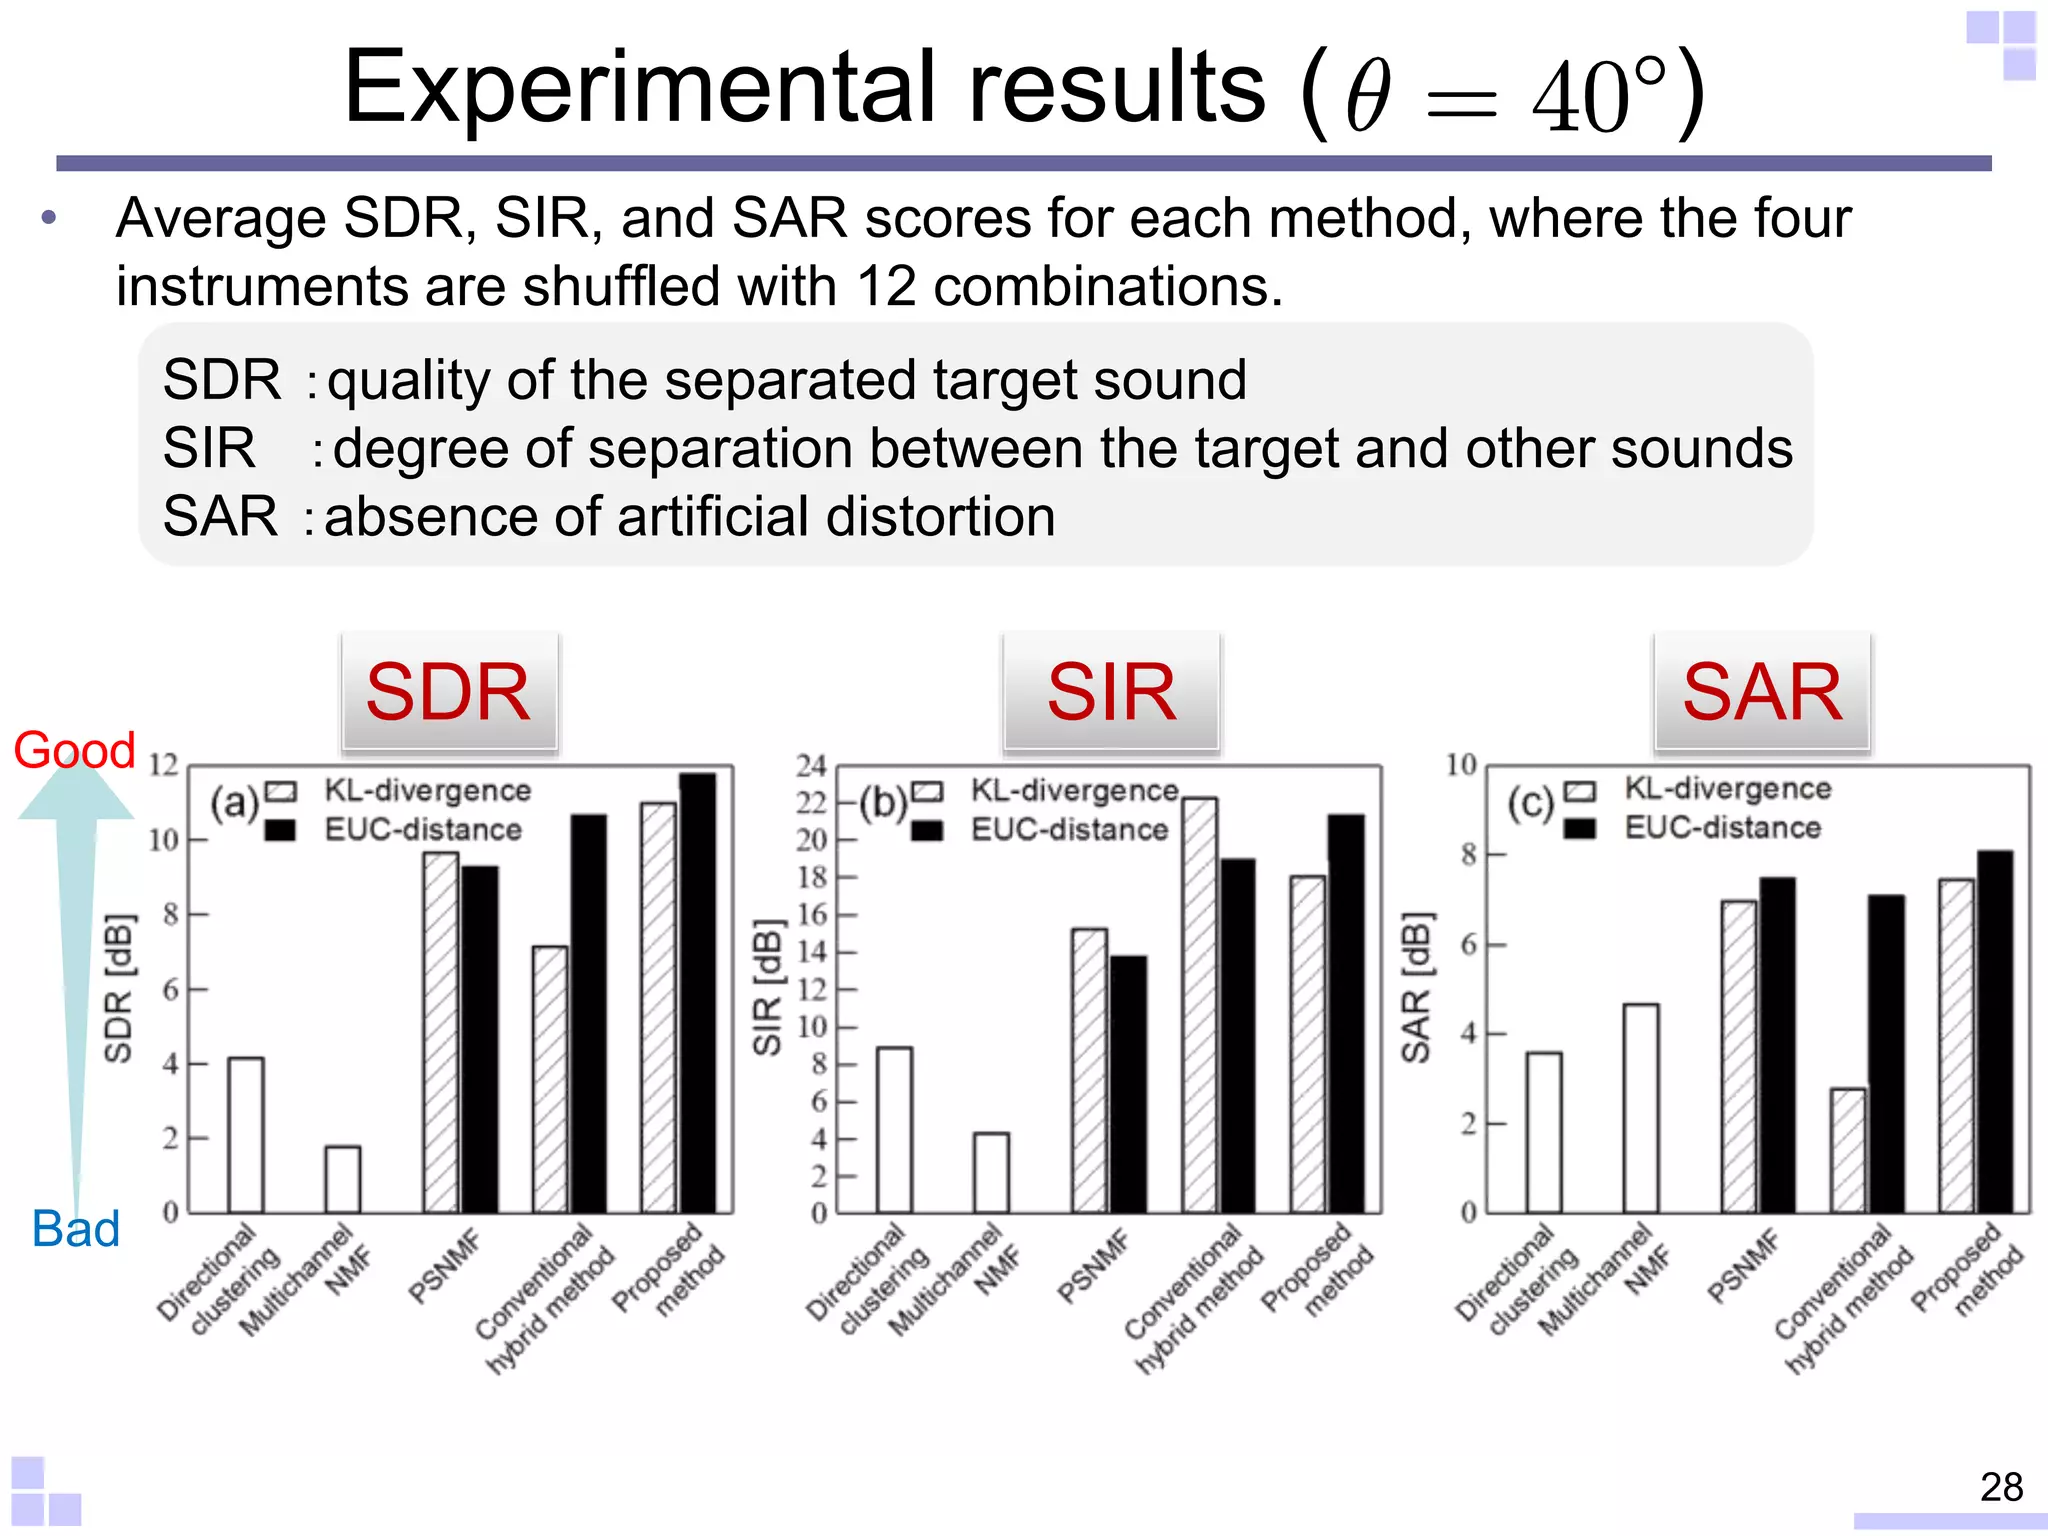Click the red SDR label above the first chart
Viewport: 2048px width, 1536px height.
coord(448,692)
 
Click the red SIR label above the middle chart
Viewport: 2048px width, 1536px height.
coord(1111,692)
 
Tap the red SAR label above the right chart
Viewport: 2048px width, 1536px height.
coord(1762,692)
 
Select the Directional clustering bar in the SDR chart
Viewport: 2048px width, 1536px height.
coord(246,1135)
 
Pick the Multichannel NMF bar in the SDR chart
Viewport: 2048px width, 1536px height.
coord(343,1180)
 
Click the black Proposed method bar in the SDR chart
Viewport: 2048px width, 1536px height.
coord(698,992)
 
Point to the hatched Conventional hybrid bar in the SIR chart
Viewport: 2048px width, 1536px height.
coord(1200,1005)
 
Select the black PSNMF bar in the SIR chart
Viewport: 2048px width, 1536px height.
coord(1128,1084)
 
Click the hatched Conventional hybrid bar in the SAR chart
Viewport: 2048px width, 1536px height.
coord(1848,1150)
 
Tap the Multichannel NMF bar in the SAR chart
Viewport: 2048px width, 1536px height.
coord(1641,1108)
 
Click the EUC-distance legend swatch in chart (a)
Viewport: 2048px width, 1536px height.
coord(280,830)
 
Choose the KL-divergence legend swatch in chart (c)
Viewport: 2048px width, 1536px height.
coord(1580,791)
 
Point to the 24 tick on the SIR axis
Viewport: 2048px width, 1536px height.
coord(811,766)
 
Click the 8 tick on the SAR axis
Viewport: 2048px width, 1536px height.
coord(1468,855)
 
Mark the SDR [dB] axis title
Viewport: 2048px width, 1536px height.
coord(118,988)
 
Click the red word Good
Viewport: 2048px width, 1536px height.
coord(75,750)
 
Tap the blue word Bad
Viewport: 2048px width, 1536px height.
coord(76,1229)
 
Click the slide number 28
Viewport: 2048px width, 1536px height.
coord(2001,1487)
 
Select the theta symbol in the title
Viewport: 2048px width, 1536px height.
coord(1368,98)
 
